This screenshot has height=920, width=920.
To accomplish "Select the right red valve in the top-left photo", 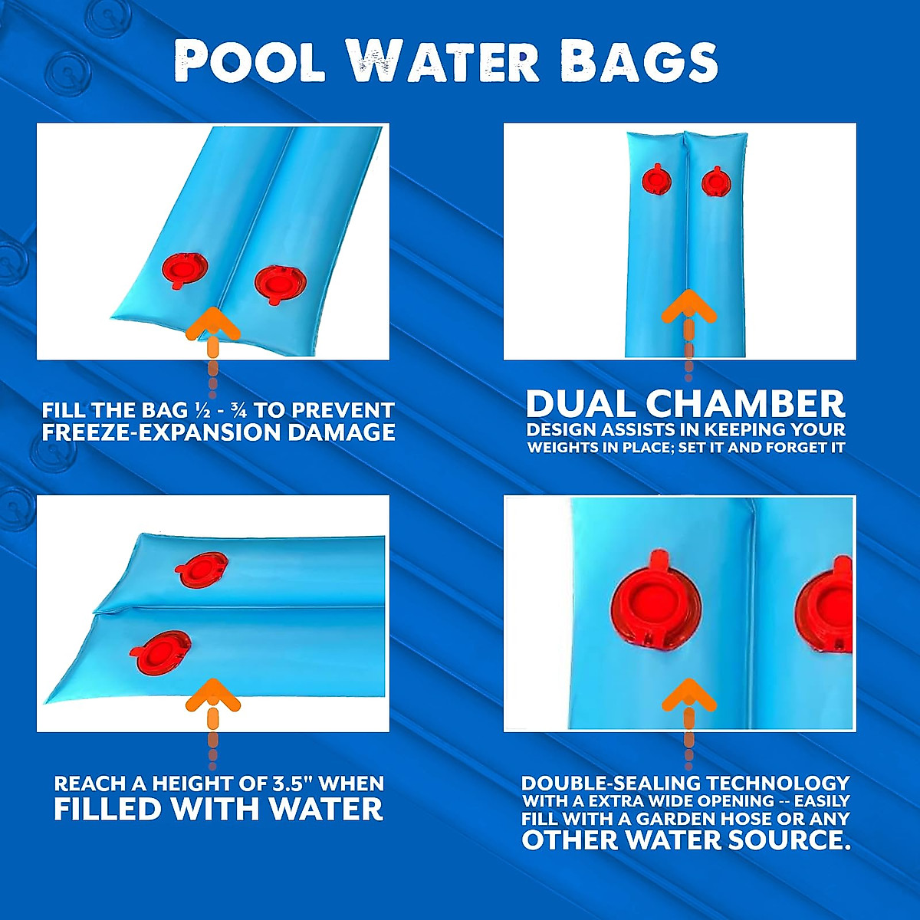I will click(280, 284).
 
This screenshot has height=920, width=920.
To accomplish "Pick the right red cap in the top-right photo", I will click(716, 182).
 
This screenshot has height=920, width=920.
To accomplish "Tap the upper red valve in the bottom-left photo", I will click(202, 570).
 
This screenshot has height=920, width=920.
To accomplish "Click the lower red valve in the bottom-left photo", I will click(161, 652).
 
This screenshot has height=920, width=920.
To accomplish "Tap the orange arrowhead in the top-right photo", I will click(688, 306).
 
